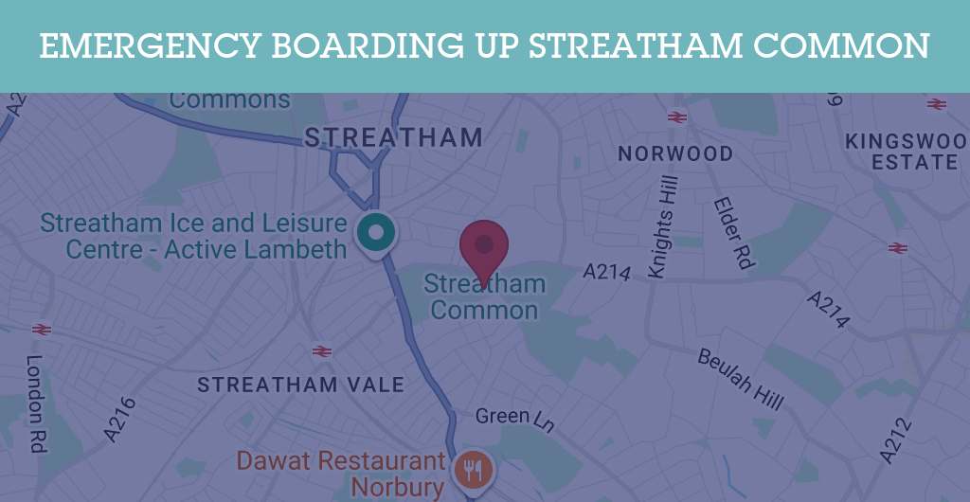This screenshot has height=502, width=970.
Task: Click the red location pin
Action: (x=484, y=244)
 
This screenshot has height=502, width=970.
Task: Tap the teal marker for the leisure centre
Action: (x=376, y=231)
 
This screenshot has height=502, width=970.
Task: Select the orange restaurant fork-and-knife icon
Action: (x=473, y=468)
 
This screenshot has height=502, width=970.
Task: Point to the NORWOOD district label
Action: (x=675, y=153)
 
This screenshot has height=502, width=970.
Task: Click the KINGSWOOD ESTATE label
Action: (x=906, y=152)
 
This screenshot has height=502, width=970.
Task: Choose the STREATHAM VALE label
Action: (x=300, y=385)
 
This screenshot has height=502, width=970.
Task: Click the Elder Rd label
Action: (x=732, y=233)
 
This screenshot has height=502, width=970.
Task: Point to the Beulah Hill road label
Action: (x=741, y=379)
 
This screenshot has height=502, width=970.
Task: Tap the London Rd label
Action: (x=36, y=403)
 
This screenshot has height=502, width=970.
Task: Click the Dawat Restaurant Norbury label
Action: (x=341, y=474)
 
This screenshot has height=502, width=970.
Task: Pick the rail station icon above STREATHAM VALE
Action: (x=322, y=351)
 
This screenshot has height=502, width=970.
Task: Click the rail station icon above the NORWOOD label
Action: (x=676, y=117)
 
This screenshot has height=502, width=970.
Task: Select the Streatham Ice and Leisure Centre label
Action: (x=193, y=237)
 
